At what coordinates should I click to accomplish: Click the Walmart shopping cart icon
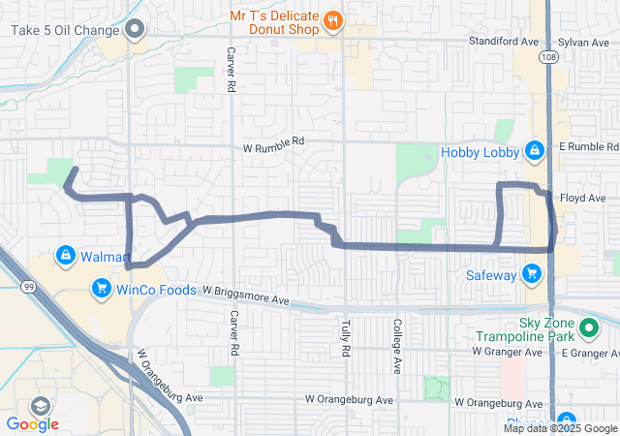[65, 256]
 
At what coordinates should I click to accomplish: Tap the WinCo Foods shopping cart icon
[101, 288]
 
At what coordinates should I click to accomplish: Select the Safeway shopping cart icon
[531, 274]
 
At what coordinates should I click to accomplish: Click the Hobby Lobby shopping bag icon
[533, 151]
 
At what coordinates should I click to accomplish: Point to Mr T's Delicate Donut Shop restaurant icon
[332, 19]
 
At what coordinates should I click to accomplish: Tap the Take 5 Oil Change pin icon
[136, 29]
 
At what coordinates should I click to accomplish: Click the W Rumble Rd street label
[272, 141]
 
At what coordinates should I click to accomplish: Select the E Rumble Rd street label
[588, 146]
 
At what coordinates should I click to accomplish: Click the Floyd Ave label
[582, 198]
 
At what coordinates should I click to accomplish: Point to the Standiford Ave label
[503, 43]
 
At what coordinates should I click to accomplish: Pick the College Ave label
[396, 345]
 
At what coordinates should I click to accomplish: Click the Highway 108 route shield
[549, 59]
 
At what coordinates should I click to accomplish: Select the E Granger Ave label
[591, 353]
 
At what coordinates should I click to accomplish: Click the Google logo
[32, 423]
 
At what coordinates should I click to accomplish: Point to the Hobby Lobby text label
[480, 152]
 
